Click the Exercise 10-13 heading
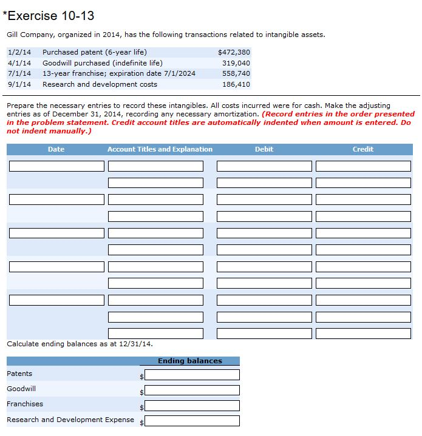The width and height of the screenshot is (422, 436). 49,16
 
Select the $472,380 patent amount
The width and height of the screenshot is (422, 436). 234,52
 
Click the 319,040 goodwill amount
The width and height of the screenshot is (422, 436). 236,63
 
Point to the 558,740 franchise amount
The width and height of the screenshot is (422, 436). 236,73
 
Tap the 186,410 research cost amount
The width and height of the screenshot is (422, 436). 236,84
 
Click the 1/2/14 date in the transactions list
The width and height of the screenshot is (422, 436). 19,52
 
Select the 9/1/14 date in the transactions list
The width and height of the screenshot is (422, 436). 19,84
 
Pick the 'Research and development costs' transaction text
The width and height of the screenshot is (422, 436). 100,84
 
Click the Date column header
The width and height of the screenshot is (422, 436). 56,149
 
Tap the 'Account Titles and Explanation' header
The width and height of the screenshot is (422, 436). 160,149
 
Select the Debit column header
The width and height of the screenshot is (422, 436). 264,149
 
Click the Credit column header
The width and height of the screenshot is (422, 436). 363,149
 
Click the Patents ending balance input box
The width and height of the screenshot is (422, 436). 192,375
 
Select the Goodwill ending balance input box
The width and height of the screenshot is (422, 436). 192,390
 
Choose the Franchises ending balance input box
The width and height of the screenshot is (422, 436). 192,405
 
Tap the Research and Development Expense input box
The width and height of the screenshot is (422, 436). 192,421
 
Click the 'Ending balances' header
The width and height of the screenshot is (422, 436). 190,361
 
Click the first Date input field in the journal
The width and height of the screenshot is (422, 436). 56,166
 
